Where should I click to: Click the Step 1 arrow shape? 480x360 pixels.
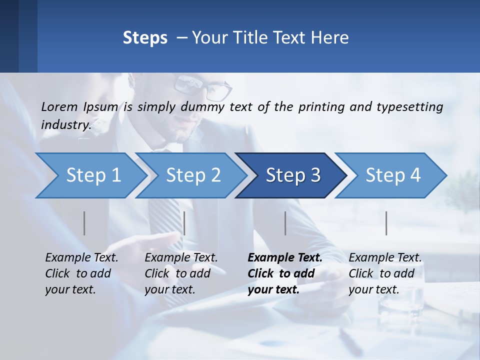pyautogui.click(x=93, y=175)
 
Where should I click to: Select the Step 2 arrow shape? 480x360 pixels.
pyautogui.click(x=193, y=175)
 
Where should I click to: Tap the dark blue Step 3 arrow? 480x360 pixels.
pyautogui.click(x=292, y=175)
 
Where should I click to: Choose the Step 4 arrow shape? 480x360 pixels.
pyautogui.click(x=392, y=175)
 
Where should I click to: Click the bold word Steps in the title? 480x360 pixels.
pyautogui.click(x=145, y=38)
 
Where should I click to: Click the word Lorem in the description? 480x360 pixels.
pyautogui.click(x=59, y=106)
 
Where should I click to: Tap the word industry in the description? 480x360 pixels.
pyautogui.click(x=65, y=124)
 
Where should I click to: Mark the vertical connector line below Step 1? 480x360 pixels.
pyautogui.click(x=84, y=223)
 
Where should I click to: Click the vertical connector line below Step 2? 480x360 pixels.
pyautogui.click(x=184, y=223)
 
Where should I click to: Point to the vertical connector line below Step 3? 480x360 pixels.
pyautogui.click(x=285, y=223)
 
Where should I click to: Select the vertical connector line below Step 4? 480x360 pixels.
pyautogui.click(x=386, y=223)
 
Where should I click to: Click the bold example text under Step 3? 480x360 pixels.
pyautogui.click(x=284, y=273)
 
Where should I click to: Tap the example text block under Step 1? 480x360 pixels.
pyautogui.click(x=81, y=273)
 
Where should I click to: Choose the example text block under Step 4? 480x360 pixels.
pyautogui.click(x=384, y=273)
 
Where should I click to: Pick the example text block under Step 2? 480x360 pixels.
pyautogui.click(x=180, y=273)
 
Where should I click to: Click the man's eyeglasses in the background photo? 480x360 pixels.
pyautogui.click(x=202, y=86)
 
